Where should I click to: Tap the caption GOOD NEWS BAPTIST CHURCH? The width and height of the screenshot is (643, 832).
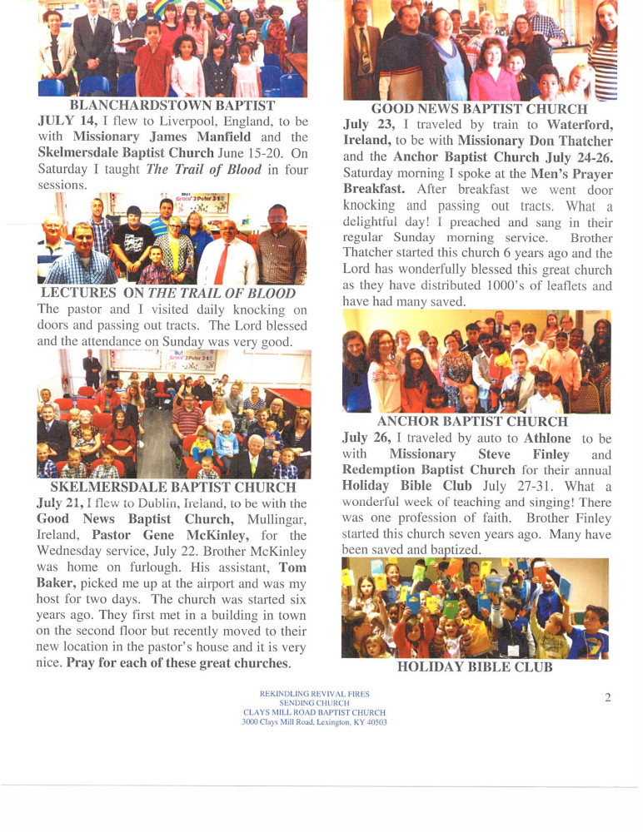[x=479, y=109]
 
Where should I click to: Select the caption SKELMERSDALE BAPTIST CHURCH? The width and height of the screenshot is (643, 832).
[x=173, y=488]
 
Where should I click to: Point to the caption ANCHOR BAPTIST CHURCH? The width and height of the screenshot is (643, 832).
[x=472, y=422]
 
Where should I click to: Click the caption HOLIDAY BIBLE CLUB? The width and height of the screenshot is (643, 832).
[x=475, y=666]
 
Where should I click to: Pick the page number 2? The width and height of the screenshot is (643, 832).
[x=607, y=698]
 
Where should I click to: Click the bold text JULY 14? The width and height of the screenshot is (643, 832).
[x=67, y=121]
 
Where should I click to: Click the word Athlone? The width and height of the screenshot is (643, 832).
[x=547, y=438]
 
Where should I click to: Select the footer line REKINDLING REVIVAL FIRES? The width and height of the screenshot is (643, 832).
[x=314, y=693]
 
